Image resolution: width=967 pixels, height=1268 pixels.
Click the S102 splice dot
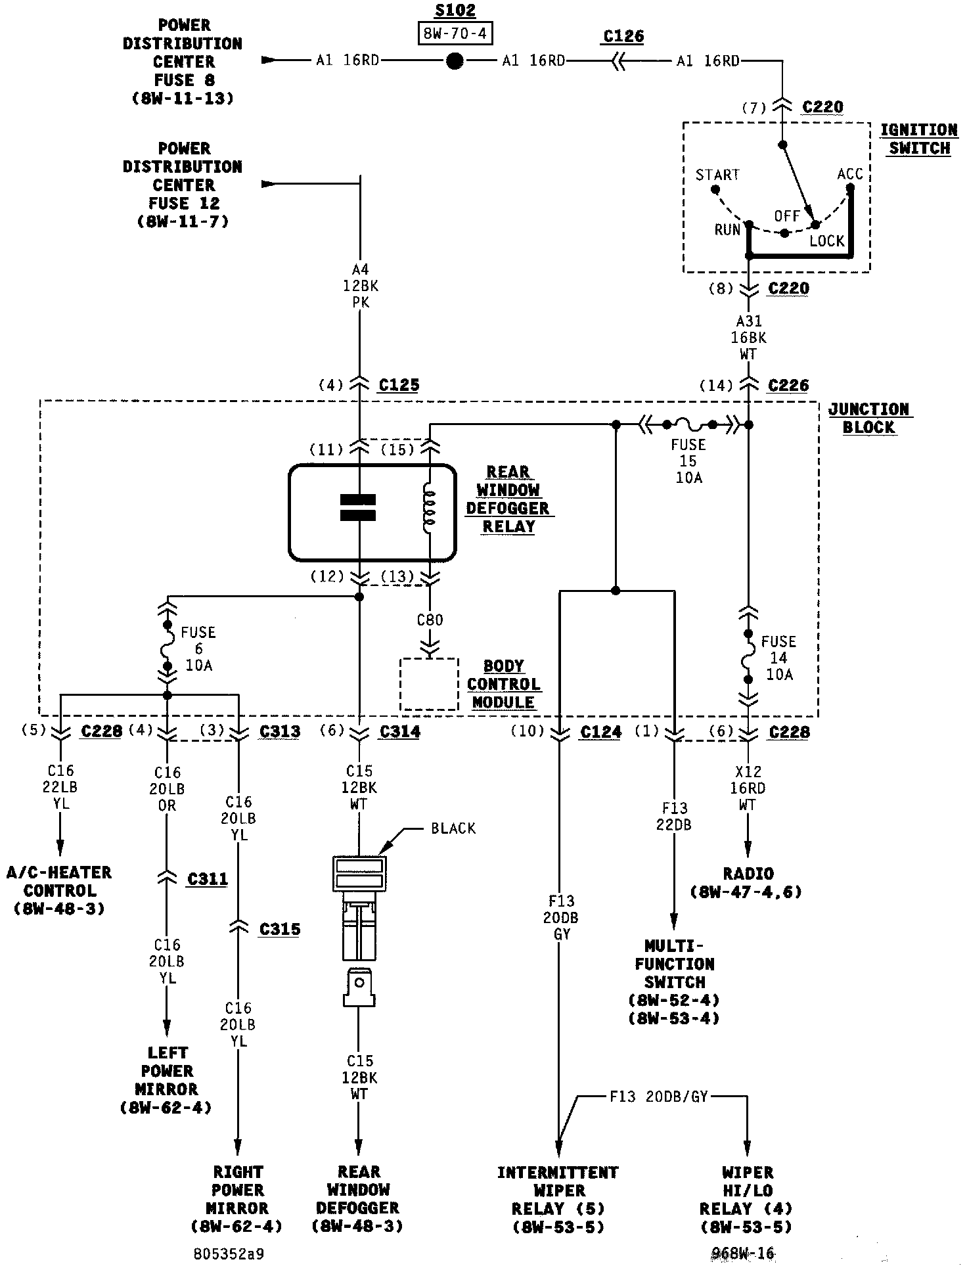point(455,61)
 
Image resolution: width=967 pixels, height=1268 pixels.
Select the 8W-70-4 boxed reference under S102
point(455,33)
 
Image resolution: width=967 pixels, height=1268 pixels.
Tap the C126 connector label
point(623,36)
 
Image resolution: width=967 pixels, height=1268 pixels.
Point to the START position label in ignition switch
point(717,175)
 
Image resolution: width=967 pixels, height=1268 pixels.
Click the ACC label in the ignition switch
point(850,174)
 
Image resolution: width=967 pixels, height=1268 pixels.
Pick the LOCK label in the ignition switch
point(826,241)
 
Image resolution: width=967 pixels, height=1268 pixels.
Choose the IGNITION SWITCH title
point(919,139)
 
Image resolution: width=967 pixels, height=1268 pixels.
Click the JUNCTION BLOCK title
point(868,418)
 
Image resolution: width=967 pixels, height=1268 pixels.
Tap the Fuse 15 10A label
point(688,461)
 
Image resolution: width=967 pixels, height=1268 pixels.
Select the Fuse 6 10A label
point(198,648)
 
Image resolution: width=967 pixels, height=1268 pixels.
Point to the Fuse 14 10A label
point(778,658)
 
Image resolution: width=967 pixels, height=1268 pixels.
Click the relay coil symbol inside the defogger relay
point(429,510)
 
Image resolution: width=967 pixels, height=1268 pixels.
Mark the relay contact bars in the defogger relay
point(358,507)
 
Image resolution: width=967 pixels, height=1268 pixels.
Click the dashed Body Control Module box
point(429,685)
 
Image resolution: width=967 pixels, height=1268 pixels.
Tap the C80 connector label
point(430,620)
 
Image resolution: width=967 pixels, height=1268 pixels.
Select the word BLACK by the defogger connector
point(453,828)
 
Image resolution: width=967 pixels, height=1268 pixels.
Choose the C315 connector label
point(280,929)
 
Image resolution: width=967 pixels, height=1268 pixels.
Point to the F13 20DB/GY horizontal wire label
point(658,1097)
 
